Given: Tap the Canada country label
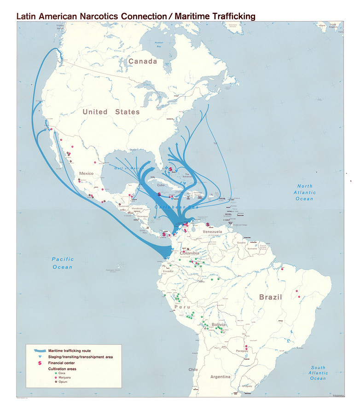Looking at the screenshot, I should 143,61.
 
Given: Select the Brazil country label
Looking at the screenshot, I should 270,297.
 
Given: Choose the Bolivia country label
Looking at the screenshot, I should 219,325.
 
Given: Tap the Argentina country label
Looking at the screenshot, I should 221,377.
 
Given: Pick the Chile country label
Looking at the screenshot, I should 193,369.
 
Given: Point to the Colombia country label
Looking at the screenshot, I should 190,253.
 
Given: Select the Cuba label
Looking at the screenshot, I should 161,185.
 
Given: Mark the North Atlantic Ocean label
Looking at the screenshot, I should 304,192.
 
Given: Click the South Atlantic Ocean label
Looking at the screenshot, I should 318,373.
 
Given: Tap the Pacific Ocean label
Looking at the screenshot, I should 63,263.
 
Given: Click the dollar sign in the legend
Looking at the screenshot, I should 40,363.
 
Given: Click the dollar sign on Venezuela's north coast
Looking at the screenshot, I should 208,225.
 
